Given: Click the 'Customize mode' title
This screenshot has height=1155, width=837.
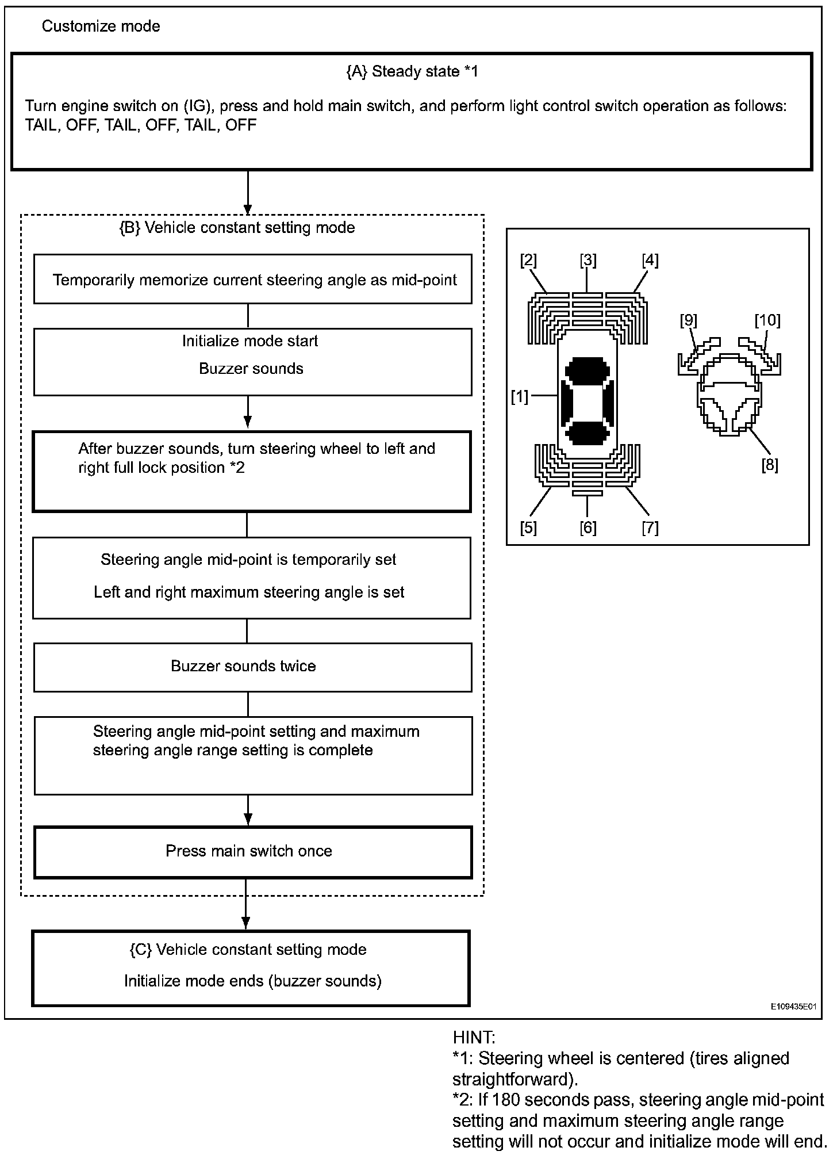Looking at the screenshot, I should pos(101,26).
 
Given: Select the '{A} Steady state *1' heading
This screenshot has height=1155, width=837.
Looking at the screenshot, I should pos(412,71).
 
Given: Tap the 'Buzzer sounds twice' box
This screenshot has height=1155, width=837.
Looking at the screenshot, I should pos(252,667).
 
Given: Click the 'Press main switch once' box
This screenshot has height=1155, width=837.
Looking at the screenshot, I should pos(252,851).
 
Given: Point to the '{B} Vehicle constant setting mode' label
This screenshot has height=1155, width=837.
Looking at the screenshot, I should pos(237,228).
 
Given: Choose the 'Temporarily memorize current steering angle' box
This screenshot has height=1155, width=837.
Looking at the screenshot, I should pos(252,280).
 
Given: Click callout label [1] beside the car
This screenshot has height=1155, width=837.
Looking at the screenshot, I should pos(520,396).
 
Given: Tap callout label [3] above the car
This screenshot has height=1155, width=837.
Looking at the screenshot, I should pos(588,261).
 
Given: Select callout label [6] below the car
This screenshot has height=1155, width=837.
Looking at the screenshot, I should pos(588,527).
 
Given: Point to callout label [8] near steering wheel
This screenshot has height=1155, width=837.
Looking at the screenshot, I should pos(769,465).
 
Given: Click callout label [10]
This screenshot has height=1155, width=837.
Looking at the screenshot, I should pos(767,320).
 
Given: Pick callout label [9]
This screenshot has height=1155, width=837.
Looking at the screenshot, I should pos(689,320).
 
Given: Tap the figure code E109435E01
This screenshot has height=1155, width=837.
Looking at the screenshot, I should pos(793,1007).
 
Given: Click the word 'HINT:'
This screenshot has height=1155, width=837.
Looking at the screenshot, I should pos(474,1038).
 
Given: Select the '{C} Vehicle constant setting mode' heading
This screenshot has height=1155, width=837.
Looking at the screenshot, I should pos(248,950).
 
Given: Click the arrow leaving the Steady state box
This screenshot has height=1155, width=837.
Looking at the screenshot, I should pos(248,192).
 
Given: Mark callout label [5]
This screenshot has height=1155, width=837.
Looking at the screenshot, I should pos(528,527).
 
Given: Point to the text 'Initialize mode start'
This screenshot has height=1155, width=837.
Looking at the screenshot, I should pos(250,341).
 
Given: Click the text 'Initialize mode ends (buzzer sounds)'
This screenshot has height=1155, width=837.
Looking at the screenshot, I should pos(253,981).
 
